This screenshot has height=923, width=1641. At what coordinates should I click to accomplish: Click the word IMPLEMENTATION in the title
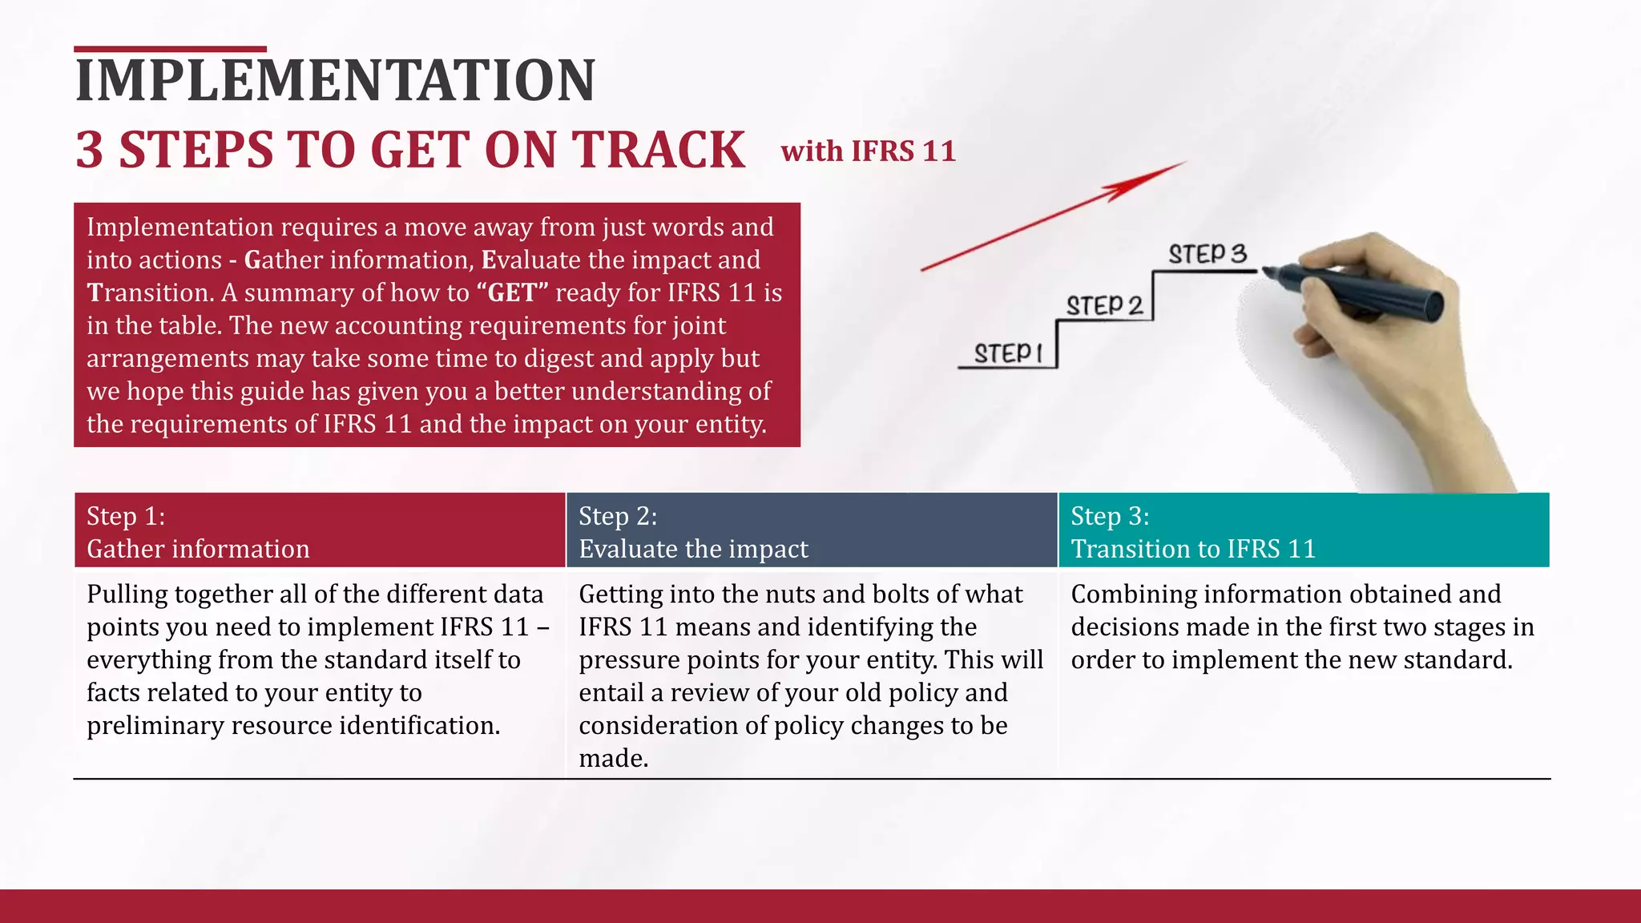(x=335, y=80)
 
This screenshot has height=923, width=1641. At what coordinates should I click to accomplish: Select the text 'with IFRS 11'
(x=869, y=151)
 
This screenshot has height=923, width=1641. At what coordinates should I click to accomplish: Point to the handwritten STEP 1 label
(x=1008, y=353)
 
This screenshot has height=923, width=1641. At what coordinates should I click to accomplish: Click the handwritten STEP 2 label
(x=1104, y=305)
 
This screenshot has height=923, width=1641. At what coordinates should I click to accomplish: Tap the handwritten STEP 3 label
(x=1208, y=254)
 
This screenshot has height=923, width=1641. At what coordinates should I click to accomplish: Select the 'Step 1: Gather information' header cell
(x=320, y=531)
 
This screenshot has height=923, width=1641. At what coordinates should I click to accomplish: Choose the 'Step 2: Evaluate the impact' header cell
(x=812, y=531)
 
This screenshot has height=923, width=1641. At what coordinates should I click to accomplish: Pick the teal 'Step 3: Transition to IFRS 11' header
(x=1304, y=531)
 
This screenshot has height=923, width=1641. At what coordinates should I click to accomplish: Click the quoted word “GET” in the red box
(x=512, y=293)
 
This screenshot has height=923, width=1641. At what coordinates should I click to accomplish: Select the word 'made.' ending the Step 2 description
(x=614, y=759)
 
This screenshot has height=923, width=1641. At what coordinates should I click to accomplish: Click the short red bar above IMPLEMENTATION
(x=170, y=50)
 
